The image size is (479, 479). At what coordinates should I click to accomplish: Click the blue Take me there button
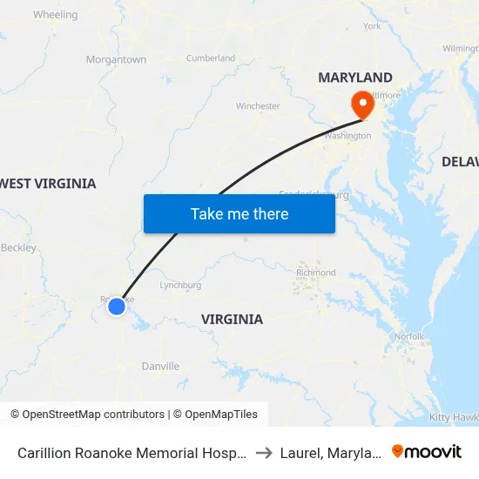239,213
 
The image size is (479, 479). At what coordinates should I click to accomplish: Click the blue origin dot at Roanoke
116,306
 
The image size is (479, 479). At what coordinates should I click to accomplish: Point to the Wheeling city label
55,15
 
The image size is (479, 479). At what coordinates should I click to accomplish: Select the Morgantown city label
116,59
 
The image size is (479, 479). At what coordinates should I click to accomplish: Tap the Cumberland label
211,58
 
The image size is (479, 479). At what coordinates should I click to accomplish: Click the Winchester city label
258,106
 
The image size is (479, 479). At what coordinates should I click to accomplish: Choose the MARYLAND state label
355,78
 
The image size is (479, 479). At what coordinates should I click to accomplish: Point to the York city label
372,26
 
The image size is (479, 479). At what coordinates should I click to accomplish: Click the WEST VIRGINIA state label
49,184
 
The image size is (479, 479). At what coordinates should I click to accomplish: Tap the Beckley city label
19,247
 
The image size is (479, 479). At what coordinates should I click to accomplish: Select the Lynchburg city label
181,285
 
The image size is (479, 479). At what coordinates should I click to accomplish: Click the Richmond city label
315,273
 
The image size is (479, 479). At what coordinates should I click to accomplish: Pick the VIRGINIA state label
232,320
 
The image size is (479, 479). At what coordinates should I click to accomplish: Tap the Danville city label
160,367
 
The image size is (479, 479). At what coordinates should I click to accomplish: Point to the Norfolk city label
408,336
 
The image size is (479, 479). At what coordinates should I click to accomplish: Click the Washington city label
347,137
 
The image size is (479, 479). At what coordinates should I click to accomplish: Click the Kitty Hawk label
453,417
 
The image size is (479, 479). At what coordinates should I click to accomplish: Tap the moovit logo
427,452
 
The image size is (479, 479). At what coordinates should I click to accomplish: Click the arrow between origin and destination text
264,453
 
